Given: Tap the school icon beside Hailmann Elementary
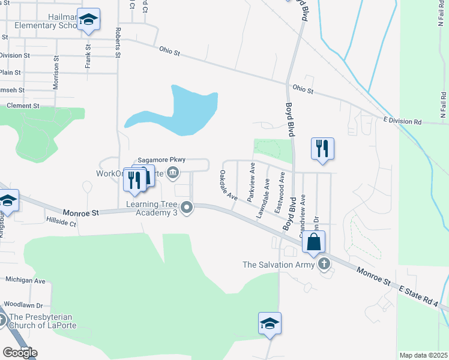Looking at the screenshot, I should (x=88, y=20).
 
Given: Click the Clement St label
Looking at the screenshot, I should (x=23, y=106).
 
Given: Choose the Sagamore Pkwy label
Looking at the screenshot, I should (x=162, y=160).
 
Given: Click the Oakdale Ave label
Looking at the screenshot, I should (x=228, y=185).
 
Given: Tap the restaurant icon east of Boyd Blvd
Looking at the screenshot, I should (x=322, y=148).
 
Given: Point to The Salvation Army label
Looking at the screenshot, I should (x=279, y=264).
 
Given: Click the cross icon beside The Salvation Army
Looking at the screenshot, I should (x=325, y=263).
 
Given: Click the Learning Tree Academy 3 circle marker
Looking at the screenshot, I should (x=187, y=208).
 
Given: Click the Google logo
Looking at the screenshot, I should (x=20, y=353).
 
